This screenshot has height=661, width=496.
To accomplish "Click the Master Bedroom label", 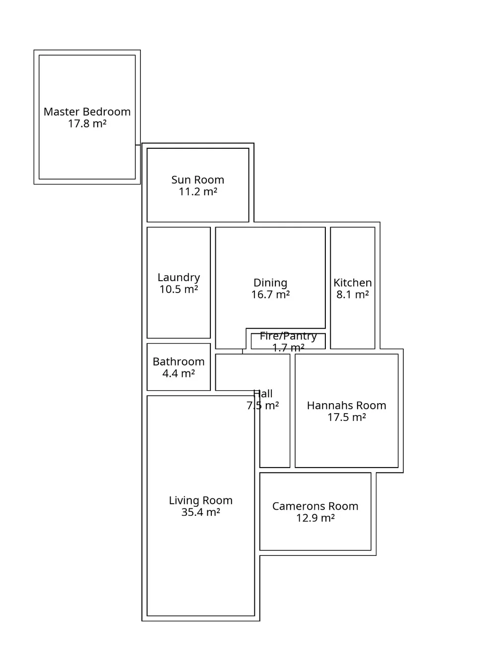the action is (x=87, y=112).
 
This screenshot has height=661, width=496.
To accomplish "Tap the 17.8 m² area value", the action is (x=87, y=124).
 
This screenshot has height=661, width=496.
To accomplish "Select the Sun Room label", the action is (x=197, y=180).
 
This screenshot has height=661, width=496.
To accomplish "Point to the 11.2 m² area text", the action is (x=197, y=192).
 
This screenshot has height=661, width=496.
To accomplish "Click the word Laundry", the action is (x=179, y=278).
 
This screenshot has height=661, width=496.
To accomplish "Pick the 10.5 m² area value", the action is (x=179, y=290).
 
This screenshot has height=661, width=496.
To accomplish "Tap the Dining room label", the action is (x=270, y=283).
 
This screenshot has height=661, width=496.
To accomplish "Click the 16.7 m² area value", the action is (x=270, y=295).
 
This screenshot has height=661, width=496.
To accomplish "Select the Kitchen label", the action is (x=353, y=283).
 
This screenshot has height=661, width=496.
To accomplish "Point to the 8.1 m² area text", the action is (x=353, y=295).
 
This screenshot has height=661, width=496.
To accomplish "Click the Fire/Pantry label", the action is (x=288, y=336).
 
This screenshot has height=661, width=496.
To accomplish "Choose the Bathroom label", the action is (x=179, y=362).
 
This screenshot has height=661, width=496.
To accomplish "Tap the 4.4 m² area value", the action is (x=179, y=374).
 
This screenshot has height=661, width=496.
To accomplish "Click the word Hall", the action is (x=263, y=394).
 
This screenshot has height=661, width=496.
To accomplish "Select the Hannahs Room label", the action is (x=346, y=406).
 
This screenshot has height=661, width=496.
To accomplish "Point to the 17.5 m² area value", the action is (x=346, y=418).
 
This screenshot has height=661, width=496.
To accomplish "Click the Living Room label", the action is (x=200, y=501).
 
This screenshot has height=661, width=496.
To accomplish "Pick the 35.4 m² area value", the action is (x=200, y=513).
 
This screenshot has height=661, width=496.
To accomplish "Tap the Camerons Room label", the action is (x=315, y=506).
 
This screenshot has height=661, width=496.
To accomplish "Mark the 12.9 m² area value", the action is (x=315, y=518).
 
